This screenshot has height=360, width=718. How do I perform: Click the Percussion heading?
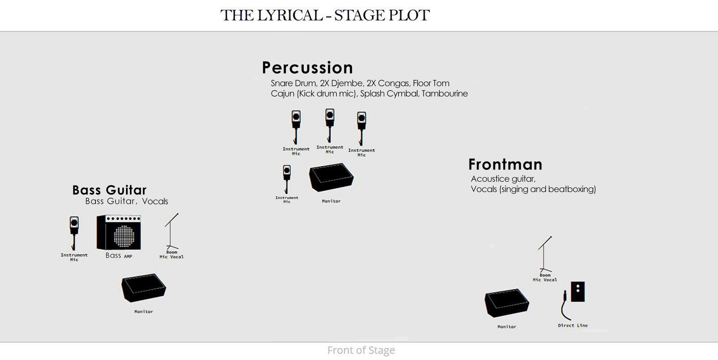(307, 67)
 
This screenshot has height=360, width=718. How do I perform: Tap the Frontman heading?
(505, 164)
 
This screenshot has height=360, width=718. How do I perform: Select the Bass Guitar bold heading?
(109, 190)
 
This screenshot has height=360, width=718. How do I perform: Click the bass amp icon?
(119, 232)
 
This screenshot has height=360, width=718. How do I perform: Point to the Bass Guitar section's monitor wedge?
(144, 288)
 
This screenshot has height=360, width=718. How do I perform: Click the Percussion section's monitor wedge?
(331, 177)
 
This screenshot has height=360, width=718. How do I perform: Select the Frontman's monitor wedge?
(507, 303)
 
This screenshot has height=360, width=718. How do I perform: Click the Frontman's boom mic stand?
(545, 254)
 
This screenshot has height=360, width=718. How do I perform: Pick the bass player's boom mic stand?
(171, 231)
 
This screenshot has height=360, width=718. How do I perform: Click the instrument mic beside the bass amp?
(74, 233)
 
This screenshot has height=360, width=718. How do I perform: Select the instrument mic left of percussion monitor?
(287, 179)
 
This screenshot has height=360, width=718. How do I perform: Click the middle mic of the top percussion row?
(330, 126)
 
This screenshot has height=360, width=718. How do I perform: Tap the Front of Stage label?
(361, 350)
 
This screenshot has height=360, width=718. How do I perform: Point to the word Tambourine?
(445, 94)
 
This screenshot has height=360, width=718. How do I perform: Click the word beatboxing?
(572, 189)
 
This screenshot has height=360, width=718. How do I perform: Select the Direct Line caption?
(573, 326)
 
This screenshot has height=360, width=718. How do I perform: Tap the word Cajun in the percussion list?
(283, 94)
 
